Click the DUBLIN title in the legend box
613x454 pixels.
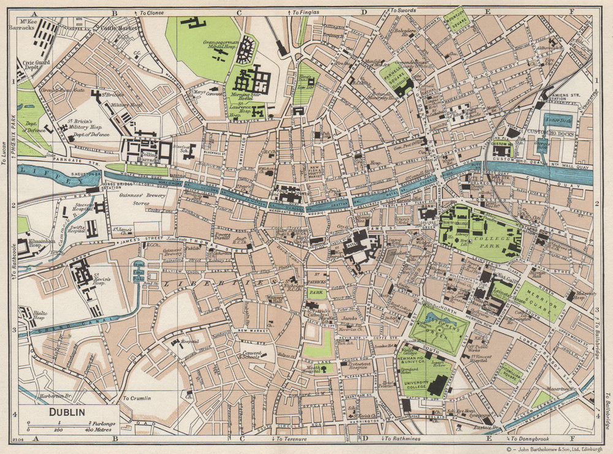(x=67, y=412)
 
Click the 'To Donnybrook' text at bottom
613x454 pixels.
(x=530, y=439)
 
